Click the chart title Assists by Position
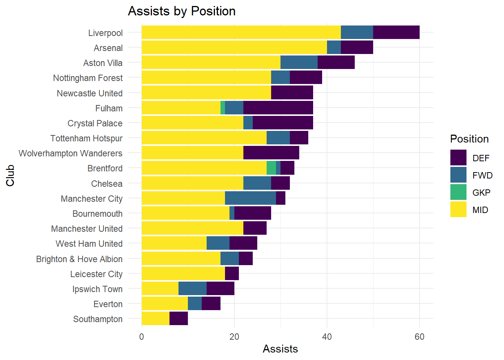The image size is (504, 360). (x=181, y=11)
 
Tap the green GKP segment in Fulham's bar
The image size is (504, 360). (x=223, y=108)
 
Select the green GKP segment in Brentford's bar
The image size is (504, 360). (x=271, y=168)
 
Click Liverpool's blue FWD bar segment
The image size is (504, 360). (x=357, y=32)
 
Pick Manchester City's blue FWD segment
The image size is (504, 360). (x=250, y=198)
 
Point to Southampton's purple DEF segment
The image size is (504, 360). (x=178, y=319)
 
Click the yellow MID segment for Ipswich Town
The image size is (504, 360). (x=160, y=289)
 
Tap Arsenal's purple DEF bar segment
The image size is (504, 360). (x=357, y=48)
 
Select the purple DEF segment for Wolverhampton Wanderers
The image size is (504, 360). (x=271, y=153)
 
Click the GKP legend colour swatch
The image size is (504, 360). (x=458, y=192)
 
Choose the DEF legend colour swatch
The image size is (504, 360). (x=458, y=158)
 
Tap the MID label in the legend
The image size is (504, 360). (x=480, y=210)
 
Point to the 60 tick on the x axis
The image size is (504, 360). (x=419, y=337)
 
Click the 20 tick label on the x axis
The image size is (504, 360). (x=234, y=337)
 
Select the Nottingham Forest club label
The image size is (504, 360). (x=88, y=78)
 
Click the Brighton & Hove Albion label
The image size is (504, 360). (x=79, y=259)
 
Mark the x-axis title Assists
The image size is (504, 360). (x=280, y=349)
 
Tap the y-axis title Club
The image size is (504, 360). (x=10, y=175)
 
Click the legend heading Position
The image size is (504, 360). (x=469, y=139)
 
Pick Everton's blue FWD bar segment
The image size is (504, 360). (x=195, y=304)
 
